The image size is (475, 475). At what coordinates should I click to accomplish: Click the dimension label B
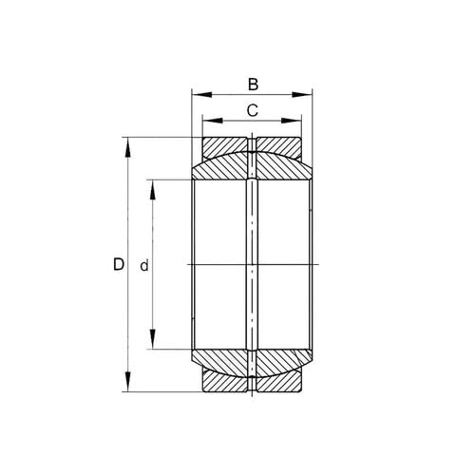(x=252, y=84)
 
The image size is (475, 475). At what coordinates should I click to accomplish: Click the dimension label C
(x=252, y=110)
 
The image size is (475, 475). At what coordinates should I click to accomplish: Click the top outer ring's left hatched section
(x=226, y=147)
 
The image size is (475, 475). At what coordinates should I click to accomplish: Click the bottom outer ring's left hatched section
(x=226, y=383)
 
